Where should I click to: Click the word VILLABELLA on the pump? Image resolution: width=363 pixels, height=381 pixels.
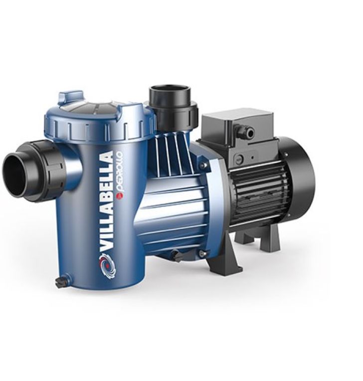(106, 200)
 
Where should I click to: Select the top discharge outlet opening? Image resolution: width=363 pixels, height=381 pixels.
(169, 88)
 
